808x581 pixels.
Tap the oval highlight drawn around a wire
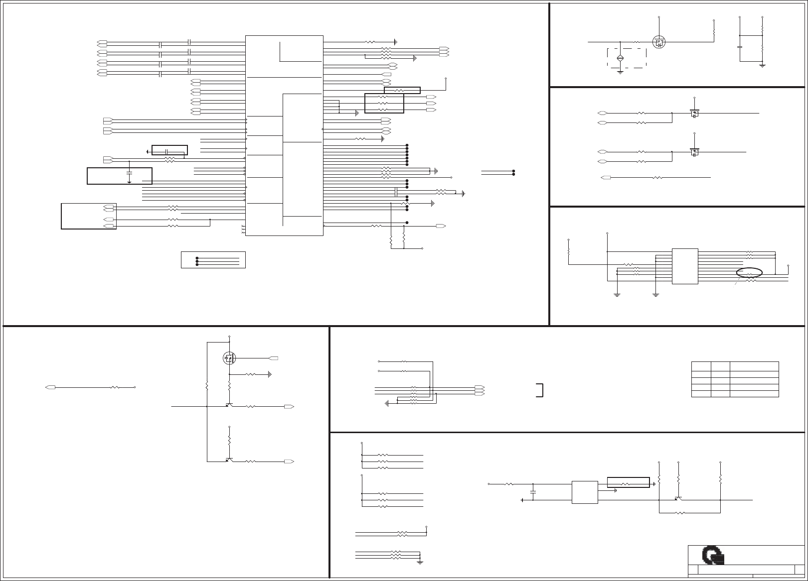click(749, 272)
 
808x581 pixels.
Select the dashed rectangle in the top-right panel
click(627, 58)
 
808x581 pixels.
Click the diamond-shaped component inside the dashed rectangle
click(620, 59)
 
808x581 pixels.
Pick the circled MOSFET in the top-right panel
click(659, 42)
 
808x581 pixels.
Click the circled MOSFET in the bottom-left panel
click(229, 357)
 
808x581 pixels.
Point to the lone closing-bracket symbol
click(540, 390)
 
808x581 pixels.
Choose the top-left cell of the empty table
click(701, 366)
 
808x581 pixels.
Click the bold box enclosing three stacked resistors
click(384, 103)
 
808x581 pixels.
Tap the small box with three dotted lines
click(213, 260)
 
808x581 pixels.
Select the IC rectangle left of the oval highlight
click(685, 266)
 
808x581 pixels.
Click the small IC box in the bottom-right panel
click(585, 492)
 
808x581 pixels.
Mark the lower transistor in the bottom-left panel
click(229, 460)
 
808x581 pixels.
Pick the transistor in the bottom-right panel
click(678, 498)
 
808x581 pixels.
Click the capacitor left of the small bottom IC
click(533, 492)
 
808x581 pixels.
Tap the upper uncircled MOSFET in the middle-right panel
click(694, 113)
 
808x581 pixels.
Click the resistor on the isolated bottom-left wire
click(115, 387)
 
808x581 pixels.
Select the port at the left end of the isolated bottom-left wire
click(50, 387)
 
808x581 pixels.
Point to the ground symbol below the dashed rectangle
click(620, 72)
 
